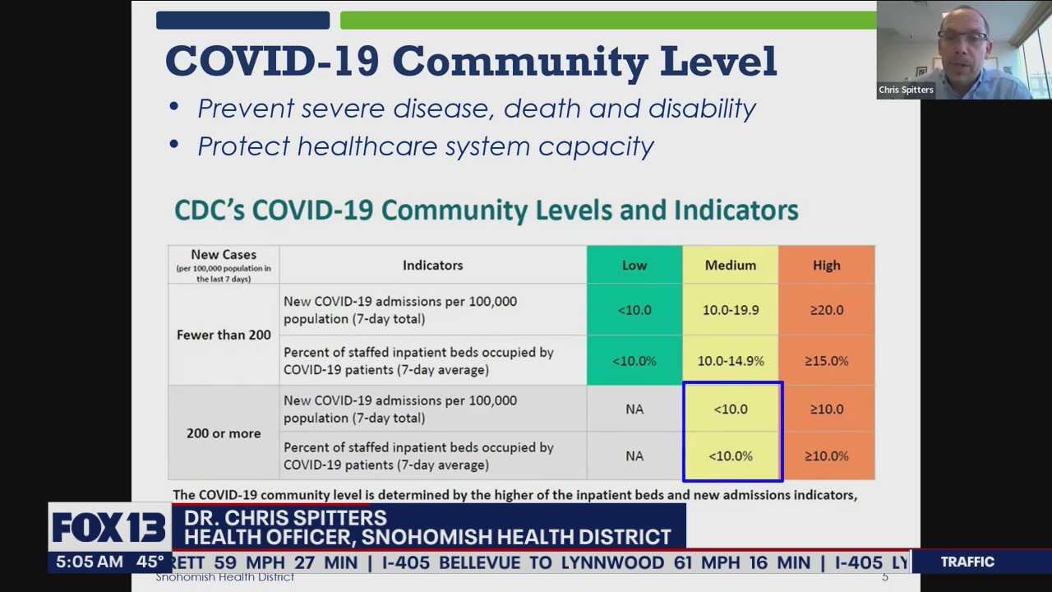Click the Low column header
click(x=634, y=265)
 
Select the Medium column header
click(x=730, y=265)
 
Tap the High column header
click(x=826, y=265)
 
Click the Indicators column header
click(x=432, y=265)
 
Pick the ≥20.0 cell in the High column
click(x=826, y=310)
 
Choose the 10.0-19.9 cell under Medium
click(x=730, y=310)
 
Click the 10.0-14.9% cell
click(x=730, y=361)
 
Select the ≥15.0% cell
click(x=826, y=361)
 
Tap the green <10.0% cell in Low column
click(x=634, y=361)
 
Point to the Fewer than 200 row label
click(x=224, y=335)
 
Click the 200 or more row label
click(x=224, y=433)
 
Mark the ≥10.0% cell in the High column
click(x=826, y=456)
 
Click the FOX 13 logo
click(x=109, y=528)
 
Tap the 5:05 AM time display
click(x=90, y=562)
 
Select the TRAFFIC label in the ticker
click(x=967, y=562)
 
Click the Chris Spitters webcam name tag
click(x=906, y=90)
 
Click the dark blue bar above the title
click(x=242, y=21)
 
